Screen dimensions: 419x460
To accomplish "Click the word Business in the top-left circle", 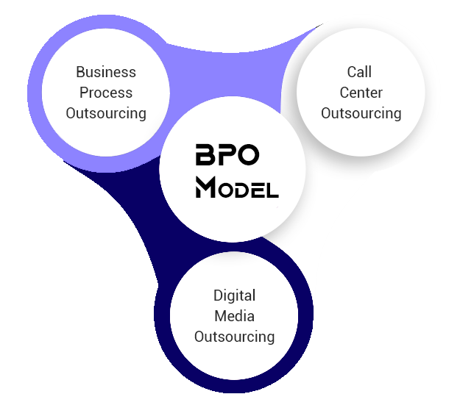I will tap(106, 72).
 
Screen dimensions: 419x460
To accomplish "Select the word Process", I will tap(106, 93).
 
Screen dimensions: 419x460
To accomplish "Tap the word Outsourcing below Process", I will tap(106, 113).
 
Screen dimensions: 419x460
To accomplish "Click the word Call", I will tap(360, 72).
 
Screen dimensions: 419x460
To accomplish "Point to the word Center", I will tap(361, 93).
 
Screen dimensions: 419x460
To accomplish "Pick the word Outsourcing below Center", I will tap(361, 113).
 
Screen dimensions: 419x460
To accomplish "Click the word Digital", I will tap(234, 296).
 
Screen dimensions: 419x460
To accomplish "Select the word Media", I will tap(234, 316).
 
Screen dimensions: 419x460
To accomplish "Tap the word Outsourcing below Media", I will tap(234, 337).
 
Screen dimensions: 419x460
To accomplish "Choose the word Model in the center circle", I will tap(237, 189).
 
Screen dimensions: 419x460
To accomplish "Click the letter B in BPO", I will tap(205, 156).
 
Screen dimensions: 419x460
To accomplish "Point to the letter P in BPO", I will tap(227, 156).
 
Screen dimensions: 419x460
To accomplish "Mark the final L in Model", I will tap(272, 191).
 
